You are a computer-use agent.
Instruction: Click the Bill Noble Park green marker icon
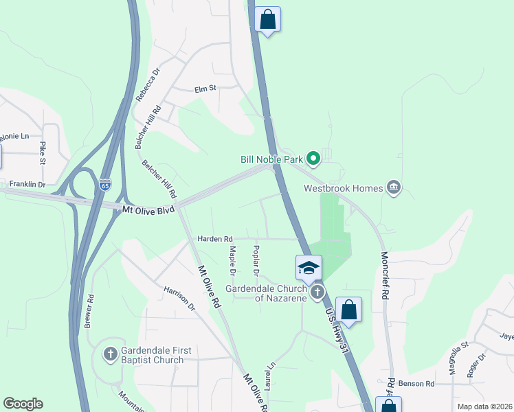coord(313,159)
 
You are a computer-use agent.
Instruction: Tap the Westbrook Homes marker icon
coord(394,187)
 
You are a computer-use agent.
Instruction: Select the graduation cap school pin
coord(309,267)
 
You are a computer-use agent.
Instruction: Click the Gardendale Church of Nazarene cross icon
coord(317,292)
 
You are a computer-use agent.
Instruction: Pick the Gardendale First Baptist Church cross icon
coord(110,354)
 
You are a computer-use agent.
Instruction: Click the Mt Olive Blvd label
coord(148,209)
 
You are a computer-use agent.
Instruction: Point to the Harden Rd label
coord(214,239)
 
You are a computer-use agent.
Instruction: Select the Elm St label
coord(205,89)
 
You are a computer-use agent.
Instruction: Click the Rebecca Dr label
coord(148,84)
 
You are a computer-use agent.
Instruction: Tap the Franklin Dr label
coord(27,185)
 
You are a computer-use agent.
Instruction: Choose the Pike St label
coord(43,153)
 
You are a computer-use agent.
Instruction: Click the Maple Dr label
coord(232,262)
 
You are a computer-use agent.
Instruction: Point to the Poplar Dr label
coord(256,261)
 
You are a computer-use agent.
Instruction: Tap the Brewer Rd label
coord(89,311)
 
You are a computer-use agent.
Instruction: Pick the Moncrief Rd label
coord(385,275)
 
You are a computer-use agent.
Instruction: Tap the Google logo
coord(23,404)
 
